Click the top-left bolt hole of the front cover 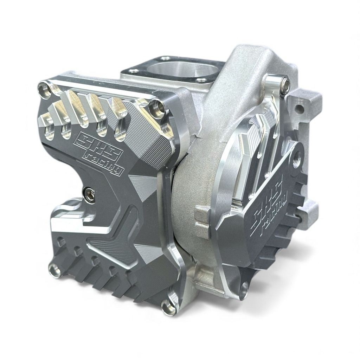(45, 88)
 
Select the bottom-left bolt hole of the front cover (55, 269)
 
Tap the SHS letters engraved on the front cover (98, 144)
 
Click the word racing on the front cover (104, 164)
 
